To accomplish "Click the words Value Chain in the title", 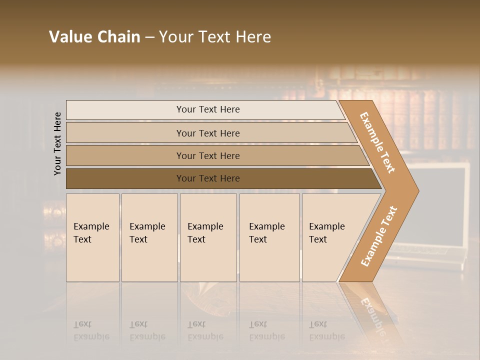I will click(x=94, y=37).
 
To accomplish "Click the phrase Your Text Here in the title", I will click(x=215, y=37).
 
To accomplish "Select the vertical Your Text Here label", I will click(x=57, y=143).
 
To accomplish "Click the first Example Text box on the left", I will click(x=92, y=237).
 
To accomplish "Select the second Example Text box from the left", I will click(x=149, y=237).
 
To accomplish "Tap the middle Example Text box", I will click(x=208, y=237).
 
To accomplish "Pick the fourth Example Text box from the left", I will click(x=269, y=237).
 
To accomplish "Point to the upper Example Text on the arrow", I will click(x=377, y=142).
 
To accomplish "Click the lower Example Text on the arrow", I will click(x=379, y=236).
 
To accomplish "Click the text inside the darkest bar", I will click(x=208, y=178).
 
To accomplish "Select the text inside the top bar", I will click(x=208, y=109).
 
